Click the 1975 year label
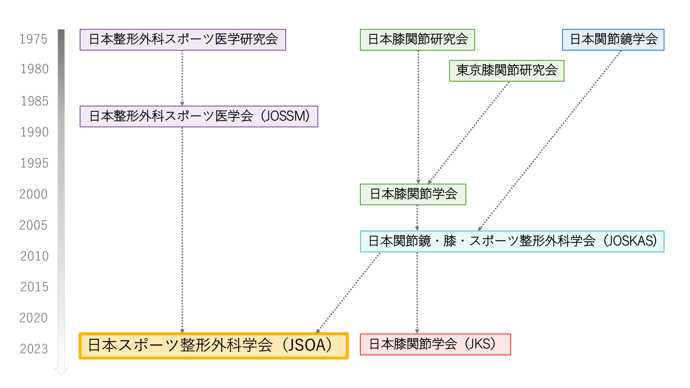(33, 39)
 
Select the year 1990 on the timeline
(34, 132)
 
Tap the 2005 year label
(33, 225)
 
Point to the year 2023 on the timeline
(34, 349)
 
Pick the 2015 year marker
(34, 287)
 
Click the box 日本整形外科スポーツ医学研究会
(183, 40)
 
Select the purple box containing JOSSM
(199, 116)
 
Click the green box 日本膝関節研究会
(417, 40)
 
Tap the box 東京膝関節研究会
(507, 71)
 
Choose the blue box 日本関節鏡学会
(613, 40)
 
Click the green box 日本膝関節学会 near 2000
(413, 195)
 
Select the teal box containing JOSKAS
(512, 241)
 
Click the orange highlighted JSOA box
(214, 346)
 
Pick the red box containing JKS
(435, 344)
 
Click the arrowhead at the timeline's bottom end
(61, 372)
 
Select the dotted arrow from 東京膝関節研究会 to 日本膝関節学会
(468, 133)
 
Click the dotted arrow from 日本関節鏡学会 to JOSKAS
(549, 141)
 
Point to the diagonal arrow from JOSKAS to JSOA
(348, 293)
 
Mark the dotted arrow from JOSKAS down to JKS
(417, 293)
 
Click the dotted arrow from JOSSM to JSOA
(182, 230)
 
